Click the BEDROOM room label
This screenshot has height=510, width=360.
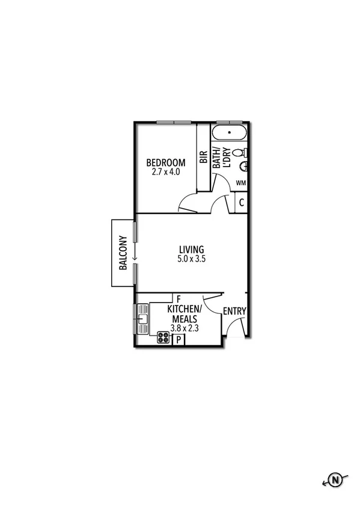tap(166, 162)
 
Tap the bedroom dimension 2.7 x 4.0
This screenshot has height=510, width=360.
tap(166, 171)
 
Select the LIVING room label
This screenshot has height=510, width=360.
tap(192, 249)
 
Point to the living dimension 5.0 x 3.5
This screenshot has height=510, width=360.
tap(192, 259)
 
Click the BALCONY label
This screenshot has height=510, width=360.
tap(123, 253)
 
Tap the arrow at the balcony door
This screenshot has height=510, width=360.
tap(135, 255)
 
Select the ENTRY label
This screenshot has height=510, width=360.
tap(234, 311)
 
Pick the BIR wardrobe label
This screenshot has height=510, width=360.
tap(203, 158)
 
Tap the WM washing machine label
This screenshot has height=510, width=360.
tap(240, 182)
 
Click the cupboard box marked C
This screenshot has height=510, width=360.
tap(241, 203)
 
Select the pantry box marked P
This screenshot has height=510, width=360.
tap(178, 340)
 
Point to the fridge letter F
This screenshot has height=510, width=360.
tap(178, 298)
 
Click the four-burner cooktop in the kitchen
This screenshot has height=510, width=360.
tap(163, 337)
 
